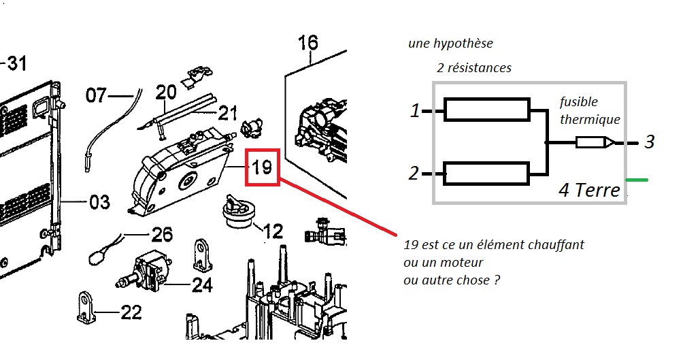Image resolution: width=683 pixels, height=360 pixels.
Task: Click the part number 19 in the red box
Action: click(262, 166)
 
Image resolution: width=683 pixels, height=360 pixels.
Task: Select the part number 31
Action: click(16, 65)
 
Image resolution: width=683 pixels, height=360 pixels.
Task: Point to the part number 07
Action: click(96, 95)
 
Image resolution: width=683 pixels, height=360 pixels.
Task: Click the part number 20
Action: click(166, 91)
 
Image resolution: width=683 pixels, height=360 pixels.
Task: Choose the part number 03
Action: click(99, 201)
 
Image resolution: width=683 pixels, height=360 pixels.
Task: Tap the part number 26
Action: click(162, 235)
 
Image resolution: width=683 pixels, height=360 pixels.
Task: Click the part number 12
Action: click(273, 231)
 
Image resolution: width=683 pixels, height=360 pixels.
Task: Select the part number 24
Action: click(202, 284)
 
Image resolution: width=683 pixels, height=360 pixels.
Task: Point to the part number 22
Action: click(131, 312)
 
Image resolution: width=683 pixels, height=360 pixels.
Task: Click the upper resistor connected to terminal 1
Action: click(486, 109)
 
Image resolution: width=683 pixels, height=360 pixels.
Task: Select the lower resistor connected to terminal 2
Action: click(486, 174)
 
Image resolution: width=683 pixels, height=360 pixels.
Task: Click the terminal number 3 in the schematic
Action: click(650, 142)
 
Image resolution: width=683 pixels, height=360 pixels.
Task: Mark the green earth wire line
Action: click(637, 180)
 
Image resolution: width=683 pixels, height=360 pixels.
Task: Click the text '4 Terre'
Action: click(589, 190)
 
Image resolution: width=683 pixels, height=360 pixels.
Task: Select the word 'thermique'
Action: click(590, 119)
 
